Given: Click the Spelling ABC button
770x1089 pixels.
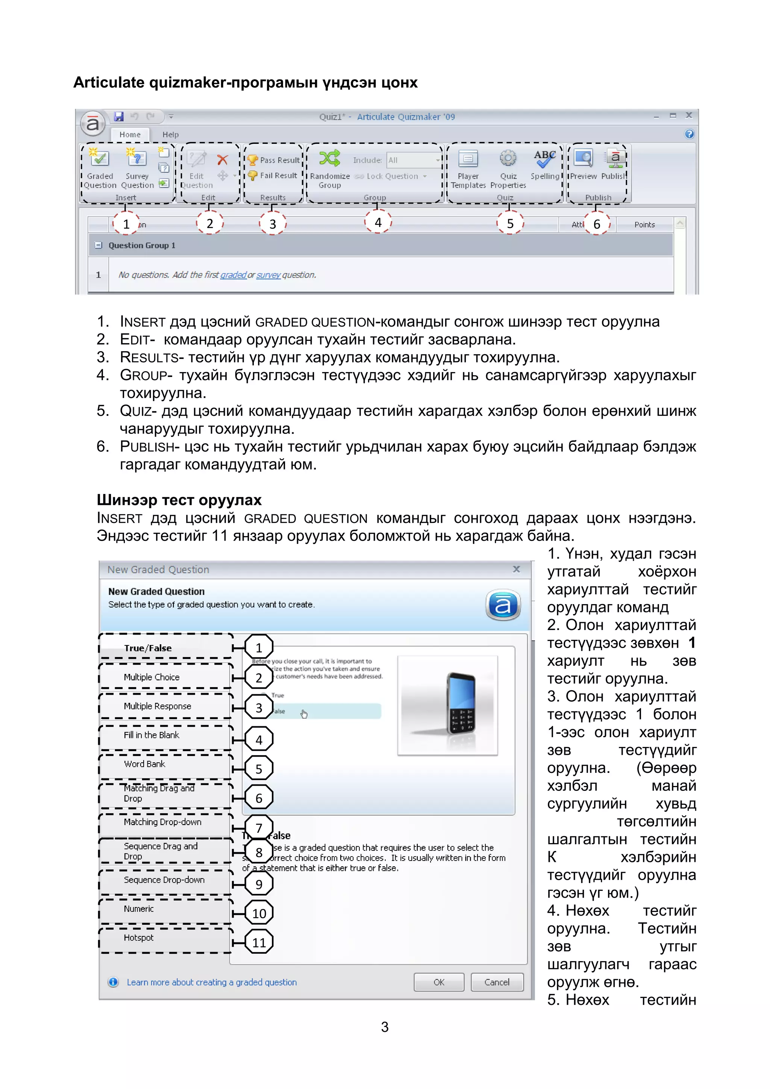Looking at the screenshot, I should click(x=545, y=160).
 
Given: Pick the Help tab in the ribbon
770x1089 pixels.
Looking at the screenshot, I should click(x=170, y=135).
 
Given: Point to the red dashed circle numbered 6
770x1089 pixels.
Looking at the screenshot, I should click(x=596, y=224).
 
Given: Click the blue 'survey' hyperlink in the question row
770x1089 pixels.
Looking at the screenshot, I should click(x=268, y=275).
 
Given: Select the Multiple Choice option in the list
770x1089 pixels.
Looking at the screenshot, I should click(x=152, y=677).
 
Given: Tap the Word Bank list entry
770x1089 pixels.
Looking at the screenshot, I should click(x=144, y=764).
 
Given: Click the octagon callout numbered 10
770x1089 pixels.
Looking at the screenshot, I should click(x=259, y=913).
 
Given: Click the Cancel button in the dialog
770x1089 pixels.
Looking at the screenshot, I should click(x=497, y=982).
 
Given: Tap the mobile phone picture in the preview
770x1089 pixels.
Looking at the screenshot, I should click(x=460, y=703).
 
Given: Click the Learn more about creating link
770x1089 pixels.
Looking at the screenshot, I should click(x=212, y=982).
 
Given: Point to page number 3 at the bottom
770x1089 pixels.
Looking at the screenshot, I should click(x=385, y=1027).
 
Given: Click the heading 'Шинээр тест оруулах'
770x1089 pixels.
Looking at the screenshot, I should click(x=179, y=500).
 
